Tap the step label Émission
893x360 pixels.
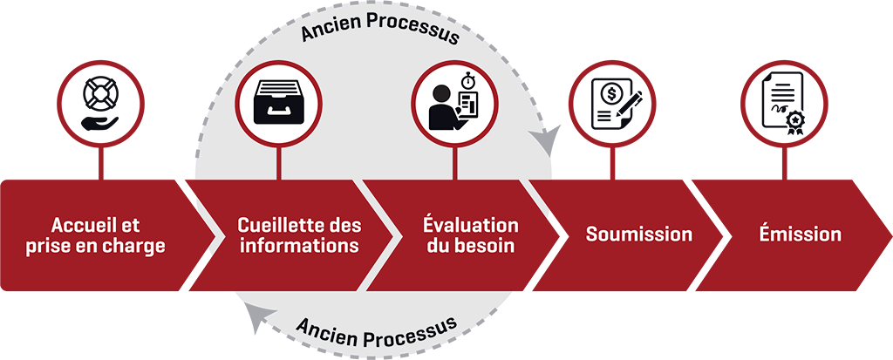[x=799, y=234]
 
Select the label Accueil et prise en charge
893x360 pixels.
[x=108, y=234]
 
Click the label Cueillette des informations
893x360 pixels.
[x=299, y=234]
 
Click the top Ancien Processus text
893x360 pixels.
[x=379, y=34]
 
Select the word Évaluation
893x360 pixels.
[x=470, y=225]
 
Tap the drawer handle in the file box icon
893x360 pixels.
[x=276, y=112]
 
